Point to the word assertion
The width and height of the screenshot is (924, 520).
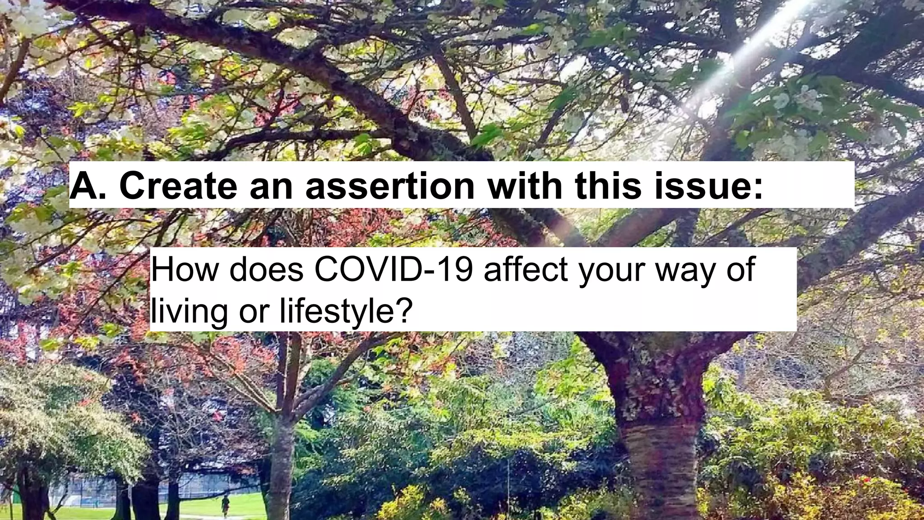point(390,186)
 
